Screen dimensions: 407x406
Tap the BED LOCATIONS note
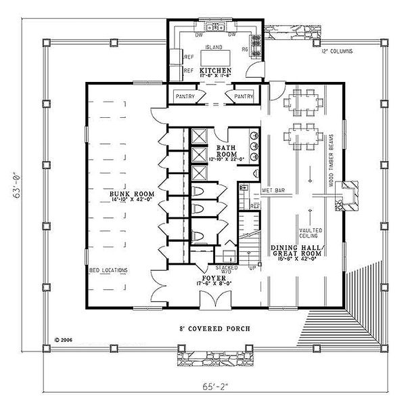(x=108, y=270)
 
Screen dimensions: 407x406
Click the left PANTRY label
(x=185, y=97)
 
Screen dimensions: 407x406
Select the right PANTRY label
(x=244, y=97)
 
